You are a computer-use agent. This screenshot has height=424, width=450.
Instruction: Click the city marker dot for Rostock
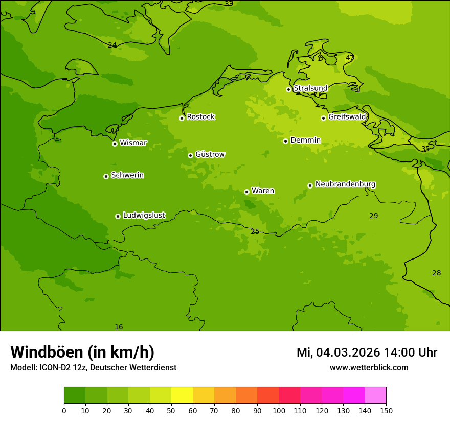coord(182,118)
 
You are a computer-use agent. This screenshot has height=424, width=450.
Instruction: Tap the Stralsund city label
coord(310,88)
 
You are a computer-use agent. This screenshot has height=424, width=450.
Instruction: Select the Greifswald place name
coord(347,117)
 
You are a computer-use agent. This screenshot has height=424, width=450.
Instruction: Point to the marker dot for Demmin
coord(285,141)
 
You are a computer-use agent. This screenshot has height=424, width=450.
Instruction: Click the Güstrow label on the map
coord(210,154)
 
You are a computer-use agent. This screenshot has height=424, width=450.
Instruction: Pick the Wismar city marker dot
coord(115,144)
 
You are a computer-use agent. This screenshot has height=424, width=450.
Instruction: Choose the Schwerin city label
coord(127,175)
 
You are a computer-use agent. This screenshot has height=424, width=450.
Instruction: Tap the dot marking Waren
coord(246,192)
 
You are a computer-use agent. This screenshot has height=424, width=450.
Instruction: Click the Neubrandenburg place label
coord(345,184)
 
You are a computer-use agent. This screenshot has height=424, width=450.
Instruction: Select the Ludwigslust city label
coord(144,216)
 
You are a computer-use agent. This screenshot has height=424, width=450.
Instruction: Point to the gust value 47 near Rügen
coord(350,58)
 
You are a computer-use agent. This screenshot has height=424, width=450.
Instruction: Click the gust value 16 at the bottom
coord(119,327)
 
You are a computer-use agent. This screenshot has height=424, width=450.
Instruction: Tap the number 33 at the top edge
coord(229,4)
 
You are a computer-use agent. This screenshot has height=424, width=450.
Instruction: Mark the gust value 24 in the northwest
coord(112,45)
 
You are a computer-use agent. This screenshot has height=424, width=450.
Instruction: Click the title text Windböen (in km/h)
coord(82,352)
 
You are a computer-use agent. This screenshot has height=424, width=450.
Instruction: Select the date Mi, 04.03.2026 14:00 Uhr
coord(367,352)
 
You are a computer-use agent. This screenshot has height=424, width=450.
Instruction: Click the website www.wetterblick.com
coord(369,368)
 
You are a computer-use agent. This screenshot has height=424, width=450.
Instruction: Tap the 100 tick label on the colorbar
coord(279,410)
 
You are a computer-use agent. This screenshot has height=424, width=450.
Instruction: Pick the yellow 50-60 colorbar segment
coord(182,395)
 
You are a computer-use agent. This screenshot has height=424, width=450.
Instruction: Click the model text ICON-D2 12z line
coord(93,368)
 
